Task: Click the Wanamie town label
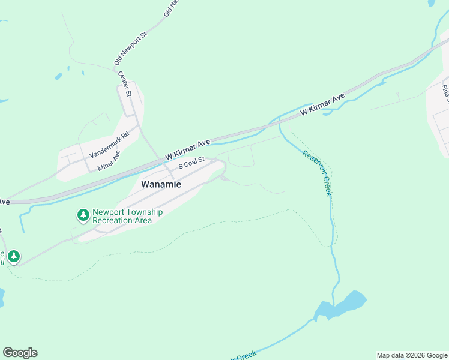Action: click(x=161, y=185)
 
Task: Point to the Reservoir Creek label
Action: click(x=317, y=173)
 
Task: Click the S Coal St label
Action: click(x=191, y=162)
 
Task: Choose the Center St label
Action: click(x=124, y=84)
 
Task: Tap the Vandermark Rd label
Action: click(x=109, y=145)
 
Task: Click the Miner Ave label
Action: click(x=109, y=160)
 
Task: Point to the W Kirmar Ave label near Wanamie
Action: click(x=188, y=147)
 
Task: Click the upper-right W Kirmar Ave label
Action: click(x=322, y=104)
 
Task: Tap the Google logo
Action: click(x=20, y=353)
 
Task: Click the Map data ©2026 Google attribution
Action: click(x=412, y=355)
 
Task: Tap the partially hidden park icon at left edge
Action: click(x=13, y=256)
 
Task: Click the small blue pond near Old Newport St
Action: click(x=58, y=76)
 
